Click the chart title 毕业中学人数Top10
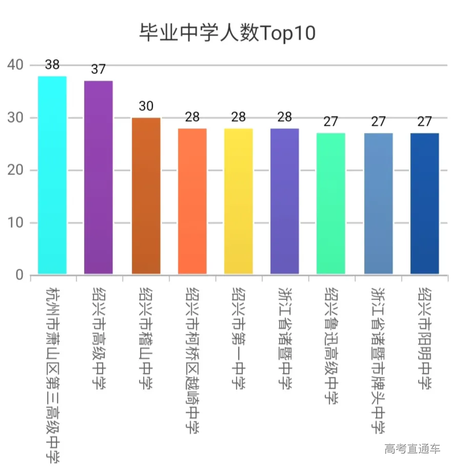[x=227, y=33]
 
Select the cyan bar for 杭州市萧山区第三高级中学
[x=52, y=175]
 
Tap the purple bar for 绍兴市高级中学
[x=98, y=177]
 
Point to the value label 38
[x=52, y=65]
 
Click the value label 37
[x=98, y=70]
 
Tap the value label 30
[x=146, y=107]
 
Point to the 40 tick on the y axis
[x=15, y=65]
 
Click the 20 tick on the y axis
[x=15, y=170]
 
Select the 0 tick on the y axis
[x=19, y=275]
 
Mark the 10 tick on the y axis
[x=15, y=223]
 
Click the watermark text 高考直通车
[x=412, y=449]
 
